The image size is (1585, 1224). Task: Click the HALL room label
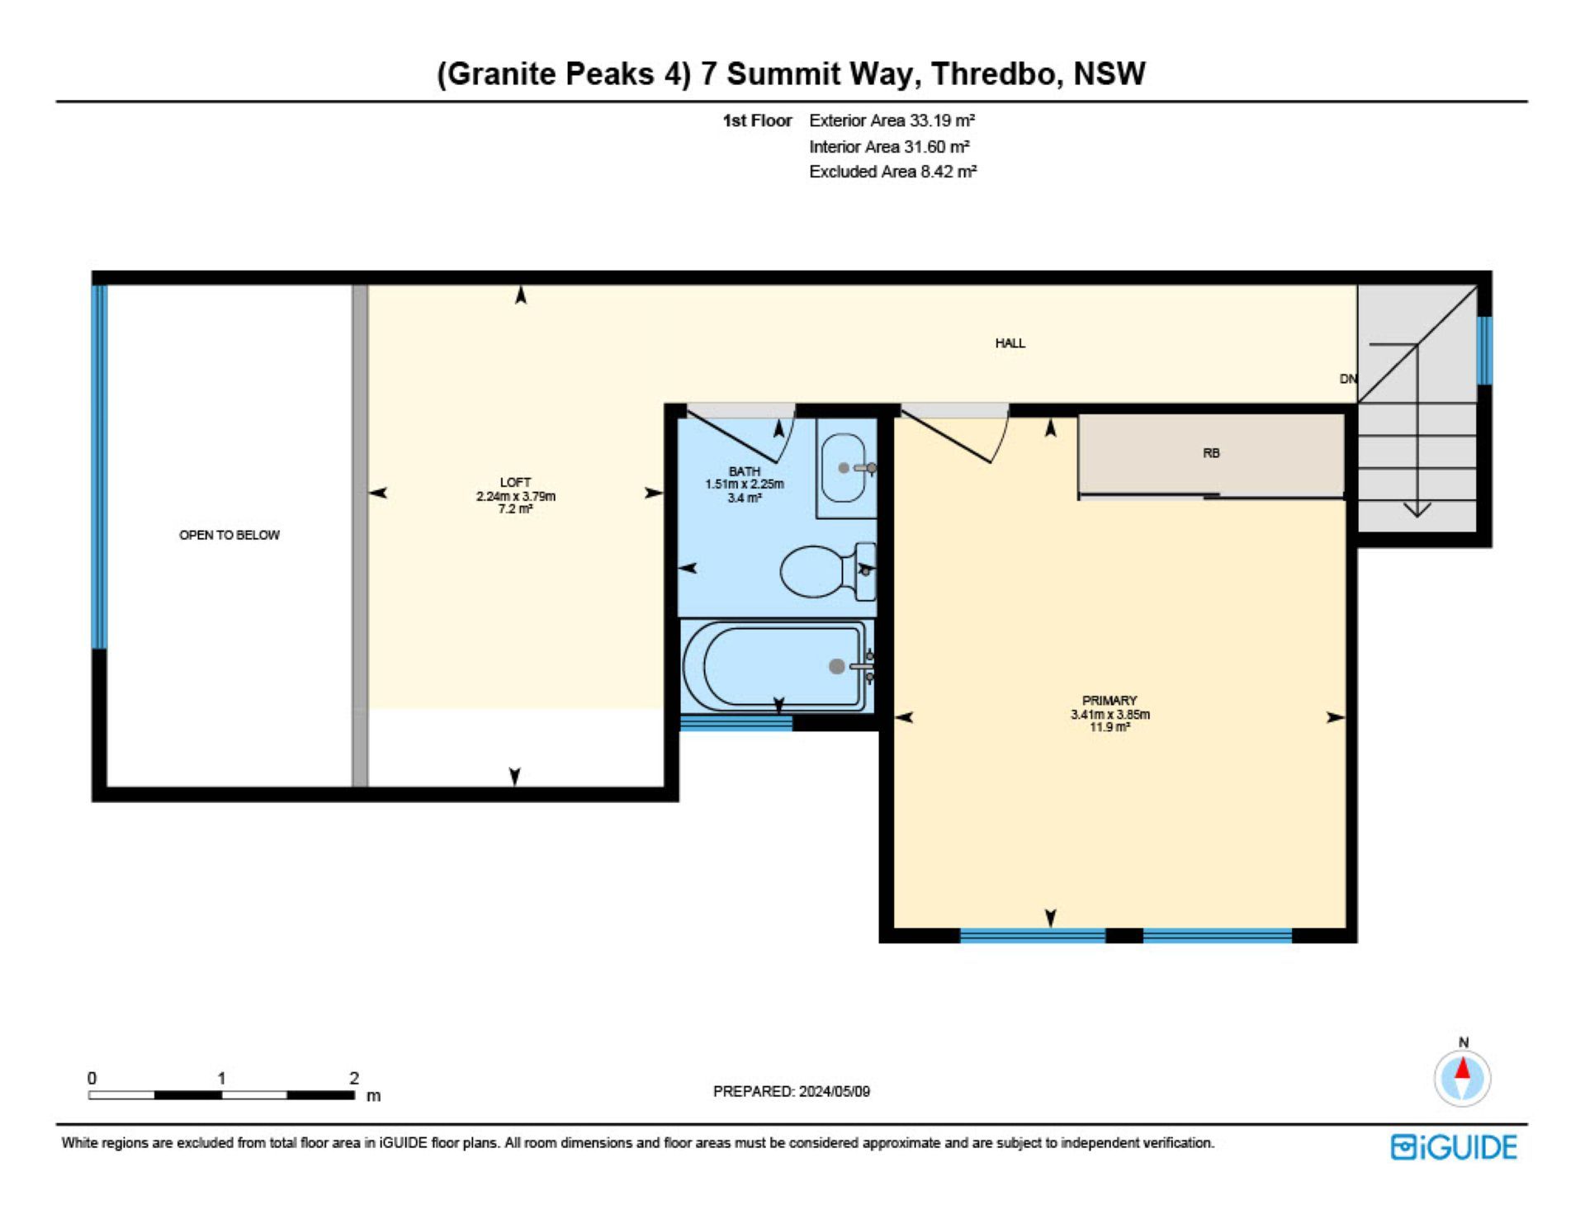click(x=1010, y=343)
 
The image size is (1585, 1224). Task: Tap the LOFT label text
click(x=515, y=482)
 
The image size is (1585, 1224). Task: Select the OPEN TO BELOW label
click(x=229, y=535)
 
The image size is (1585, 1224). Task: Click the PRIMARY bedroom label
click(x=1109, y=700)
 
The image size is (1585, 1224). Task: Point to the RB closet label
click(x=1211, y=453)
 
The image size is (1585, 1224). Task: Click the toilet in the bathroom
click(x=827, y=571)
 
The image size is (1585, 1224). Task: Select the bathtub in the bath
click(x=776, y=666)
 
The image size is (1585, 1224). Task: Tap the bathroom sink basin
click(x=844, y=468)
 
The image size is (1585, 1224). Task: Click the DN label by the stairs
click(x=1347, y=379)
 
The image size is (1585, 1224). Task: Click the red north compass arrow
click(x=1463, y=1069)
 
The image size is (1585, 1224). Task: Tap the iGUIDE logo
click(x=1454, y=1147)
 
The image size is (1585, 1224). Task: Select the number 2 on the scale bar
click(x=354, y=1078)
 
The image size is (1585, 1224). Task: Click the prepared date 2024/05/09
click(x=834, y=1091)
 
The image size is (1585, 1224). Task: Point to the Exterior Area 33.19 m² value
click(x=892, y=121)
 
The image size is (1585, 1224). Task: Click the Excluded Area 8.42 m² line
click(x=892, y=172)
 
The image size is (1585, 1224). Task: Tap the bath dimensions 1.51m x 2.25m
click(x=745, y=484)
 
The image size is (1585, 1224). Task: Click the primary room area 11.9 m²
click(x=1109, y=727)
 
